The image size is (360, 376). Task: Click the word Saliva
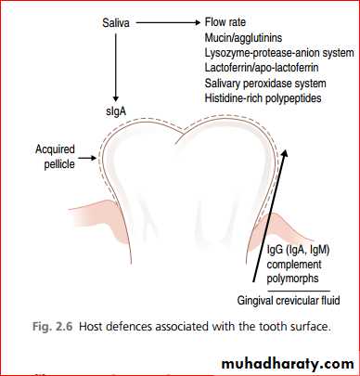116,23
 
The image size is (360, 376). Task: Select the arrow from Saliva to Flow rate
168,22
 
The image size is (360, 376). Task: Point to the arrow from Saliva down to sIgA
116,68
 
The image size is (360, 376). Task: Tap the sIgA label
116,111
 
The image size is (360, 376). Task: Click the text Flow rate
225,22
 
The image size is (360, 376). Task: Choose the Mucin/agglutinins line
243,38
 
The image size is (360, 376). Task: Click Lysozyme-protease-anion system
279,53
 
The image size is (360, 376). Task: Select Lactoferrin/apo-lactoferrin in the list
262,68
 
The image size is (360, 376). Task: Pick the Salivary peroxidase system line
265,84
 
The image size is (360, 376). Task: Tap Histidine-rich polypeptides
263,98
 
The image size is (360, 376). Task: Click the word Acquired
55,149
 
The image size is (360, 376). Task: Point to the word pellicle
59,163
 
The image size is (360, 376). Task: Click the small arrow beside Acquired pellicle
87,158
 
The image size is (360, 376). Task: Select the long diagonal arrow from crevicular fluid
270,215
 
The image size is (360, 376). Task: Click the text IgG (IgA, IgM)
298,250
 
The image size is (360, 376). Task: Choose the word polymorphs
292,279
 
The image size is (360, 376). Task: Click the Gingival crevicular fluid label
289,301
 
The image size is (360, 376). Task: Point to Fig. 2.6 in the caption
52,327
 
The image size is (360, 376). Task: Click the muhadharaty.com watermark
288,364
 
